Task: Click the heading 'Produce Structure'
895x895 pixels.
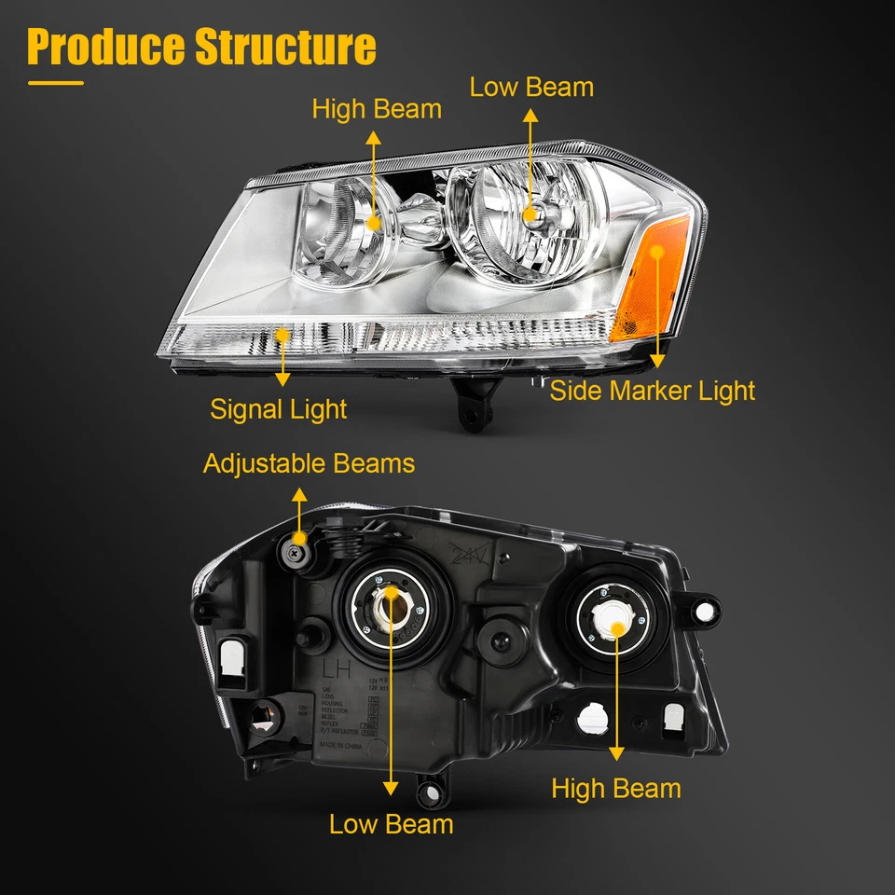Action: [201, 47]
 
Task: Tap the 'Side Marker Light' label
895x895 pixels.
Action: [652, 390]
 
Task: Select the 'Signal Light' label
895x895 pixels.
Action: [278, 408]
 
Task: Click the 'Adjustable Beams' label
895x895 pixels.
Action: [309, 463]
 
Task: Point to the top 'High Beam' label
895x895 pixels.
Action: [377, 109]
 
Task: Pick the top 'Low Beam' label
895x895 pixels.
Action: [531, 88]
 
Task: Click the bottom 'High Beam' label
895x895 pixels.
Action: [615, 789]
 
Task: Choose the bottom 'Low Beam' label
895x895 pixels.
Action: [391, 823]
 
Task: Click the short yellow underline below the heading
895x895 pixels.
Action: [55, 83]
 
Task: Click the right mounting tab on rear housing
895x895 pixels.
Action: [705, 609]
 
